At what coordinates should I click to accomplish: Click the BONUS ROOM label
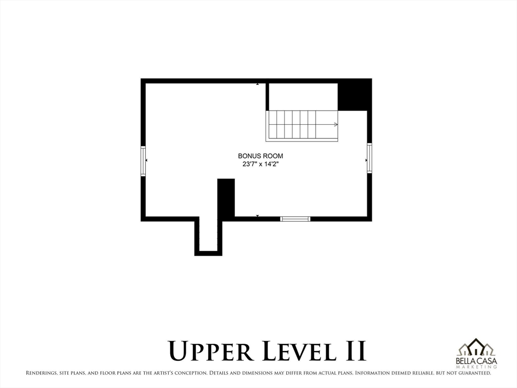261,156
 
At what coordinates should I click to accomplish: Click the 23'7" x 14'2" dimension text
261,164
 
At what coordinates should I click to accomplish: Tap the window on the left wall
143,161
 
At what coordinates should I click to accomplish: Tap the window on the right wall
370,158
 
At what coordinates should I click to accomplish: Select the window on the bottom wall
295,219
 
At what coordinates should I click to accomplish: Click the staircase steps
293,125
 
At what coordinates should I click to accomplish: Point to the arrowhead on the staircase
336,124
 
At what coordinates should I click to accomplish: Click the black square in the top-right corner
354,94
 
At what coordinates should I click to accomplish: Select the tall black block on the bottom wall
226,198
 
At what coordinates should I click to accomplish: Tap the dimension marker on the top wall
257,84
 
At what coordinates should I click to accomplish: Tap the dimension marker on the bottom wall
257,216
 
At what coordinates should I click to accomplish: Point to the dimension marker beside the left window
146,160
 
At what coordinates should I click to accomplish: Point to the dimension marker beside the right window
366,160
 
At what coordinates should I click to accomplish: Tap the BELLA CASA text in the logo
476,361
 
